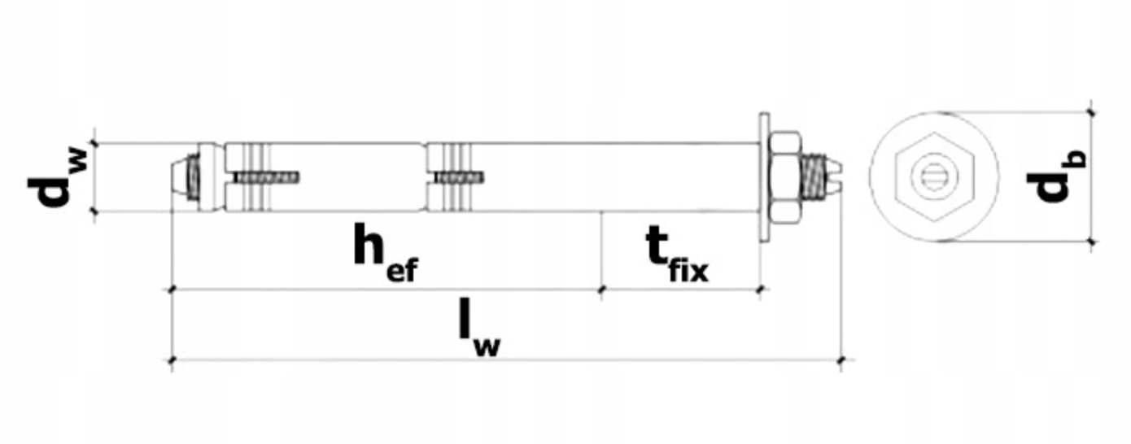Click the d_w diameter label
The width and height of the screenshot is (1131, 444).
coord(56,178)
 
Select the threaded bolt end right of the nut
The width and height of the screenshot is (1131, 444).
coord(817,178)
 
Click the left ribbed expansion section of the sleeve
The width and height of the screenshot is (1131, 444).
coord(254,177)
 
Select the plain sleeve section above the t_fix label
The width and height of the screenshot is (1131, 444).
coord(675,177)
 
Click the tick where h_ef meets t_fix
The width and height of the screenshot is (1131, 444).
coord(601,288)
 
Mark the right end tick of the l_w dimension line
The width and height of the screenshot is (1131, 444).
coord(841,359)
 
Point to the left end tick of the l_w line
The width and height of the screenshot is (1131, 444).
coord(172,359)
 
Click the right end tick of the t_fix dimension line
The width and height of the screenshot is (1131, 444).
coord(760,288)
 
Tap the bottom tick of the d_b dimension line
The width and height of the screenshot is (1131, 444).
coord(1091,241)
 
